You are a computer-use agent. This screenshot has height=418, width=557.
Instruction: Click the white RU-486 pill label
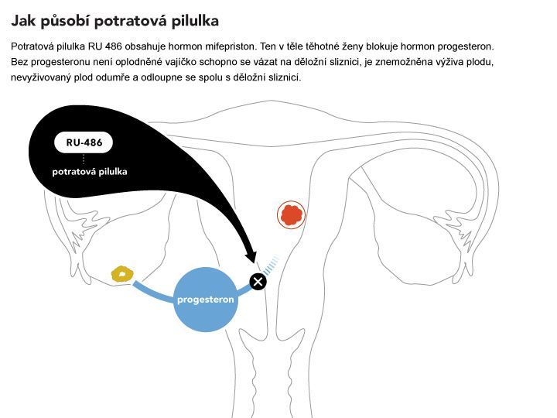click(x=84, y=142)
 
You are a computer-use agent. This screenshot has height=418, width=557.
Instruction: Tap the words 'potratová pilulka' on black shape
click(x=90, y=172)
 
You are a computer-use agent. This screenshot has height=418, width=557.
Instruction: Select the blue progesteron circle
click(x=206, y=300)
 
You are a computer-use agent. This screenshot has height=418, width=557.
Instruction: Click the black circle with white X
click(x=258, y=282)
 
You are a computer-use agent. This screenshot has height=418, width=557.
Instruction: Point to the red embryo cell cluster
click(x=292, y=215)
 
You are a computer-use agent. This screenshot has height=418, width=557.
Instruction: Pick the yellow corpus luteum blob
click(x=122, y=274)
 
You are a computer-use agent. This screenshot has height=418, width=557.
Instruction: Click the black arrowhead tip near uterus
click(x=255, y=263)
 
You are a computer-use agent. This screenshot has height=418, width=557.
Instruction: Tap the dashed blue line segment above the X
click(x=271, y=265)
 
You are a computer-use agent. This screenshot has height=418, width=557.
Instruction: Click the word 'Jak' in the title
click(x=23, y=21)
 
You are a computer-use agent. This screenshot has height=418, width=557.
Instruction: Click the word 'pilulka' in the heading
click(x=195, y=21)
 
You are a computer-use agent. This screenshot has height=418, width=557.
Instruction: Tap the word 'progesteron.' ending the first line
click(x=466, y=46)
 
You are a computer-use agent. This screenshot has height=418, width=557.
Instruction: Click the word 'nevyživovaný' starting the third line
click(x=41, y=77)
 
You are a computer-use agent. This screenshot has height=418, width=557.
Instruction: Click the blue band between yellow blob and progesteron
click(x=152, y=293)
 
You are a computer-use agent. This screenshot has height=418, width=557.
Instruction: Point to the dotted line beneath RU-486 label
click(x=84, y=159)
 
